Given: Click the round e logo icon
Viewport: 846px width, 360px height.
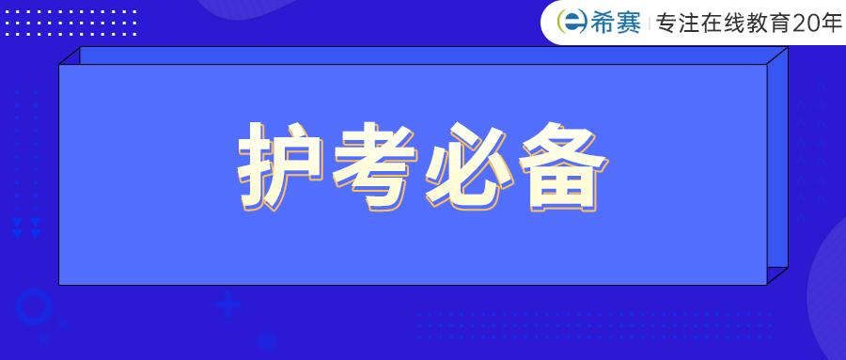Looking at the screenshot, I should [x=569, y=23].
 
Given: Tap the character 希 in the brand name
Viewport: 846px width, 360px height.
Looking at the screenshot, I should [x=600, y=23].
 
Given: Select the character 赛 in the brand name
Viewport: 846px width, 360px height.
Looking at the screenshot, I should [x=628, y=23].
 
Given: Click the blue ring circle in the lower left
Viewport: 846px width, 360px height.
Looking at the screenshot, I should [x=34, y=307].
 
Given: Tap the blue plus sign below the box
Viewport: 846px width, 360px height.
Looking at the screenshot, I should [x=227, y=305].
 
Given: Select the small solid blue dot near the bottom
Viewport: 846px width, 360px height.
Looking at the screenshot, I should [x=266, y=342].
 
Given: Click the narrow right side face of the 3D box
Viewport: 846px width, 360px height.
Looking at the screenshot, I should [x=777, y=169].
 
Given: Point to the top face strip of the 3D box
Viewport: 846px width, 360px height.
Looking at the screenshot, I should [x=423, y=55].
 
